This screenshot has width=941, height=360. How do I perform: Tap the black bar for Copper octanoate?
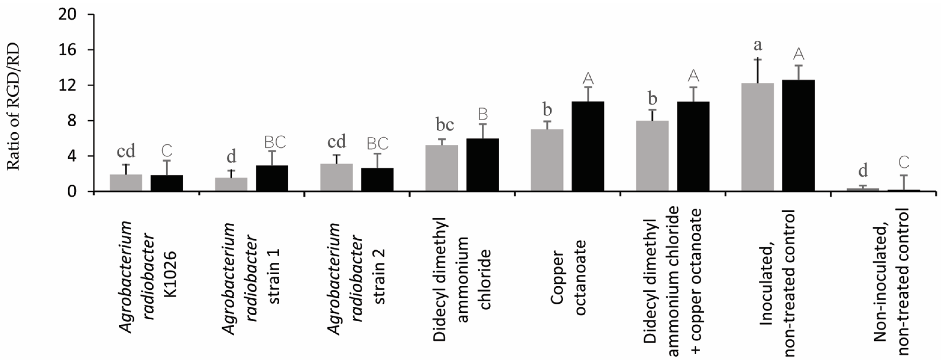tap(587, 146)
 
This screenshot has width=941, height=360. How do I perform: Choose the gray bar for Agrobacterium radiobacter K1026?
tap(126, 183)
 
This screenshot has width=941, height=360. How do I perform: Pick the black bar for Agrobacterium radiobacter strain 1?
tap(272, 178)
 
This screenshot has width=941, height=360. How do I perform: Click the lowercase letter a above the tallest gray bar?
tap(758, 45)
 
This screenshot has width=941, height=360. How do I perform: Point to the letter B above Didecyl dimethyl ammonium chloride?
tap(483, 114)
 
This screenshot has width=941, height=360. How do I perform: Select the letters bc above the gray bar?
tap(445, 125)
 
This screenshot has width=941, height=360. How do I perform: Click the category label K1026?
tap(170, 274)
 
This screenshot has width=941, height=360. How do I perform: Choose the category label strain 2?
tap(380, 276)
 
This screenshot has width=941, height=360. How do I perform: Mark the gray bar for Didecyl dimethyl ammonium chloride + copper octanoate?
tap(652, 156)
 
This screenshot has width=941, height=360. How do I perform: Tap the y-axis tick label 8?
tap(71, 121)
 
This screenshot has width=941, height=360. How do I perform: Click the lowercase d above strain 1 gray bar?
tap(231, 157)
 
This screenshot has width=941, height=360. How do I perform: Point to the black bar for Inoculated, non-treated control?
tap(798, 135)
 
